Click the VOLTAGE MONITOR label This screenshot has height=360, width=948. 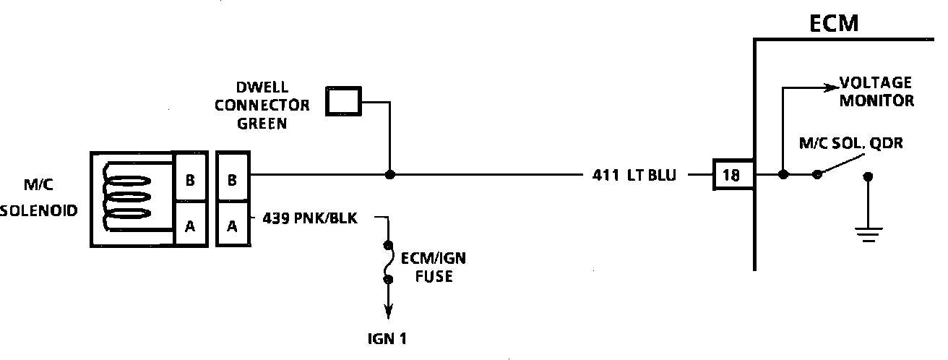875,92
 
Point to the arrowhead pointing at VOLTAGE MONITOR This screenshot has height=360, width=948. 829,90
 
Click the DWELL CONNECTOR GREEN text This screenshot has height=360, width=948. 273,106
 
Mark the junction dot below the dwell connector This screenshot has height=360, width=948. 389,175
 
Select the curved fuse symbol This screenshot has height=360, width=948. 389,262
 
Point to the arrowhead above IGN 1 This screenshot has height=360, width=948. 389,312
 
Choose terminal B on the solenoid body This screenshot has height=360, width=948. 189,181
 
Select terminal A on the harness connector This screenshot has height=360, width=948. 233,226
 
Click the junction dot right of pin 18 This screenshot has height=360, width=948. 783,175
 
